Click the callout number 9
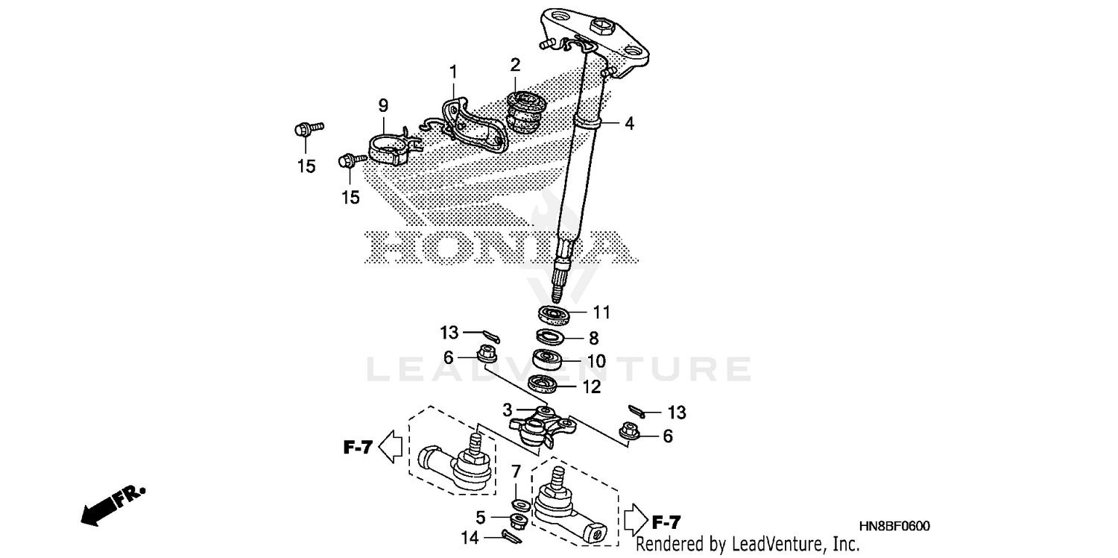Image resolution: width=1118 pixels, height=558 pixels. (383, 105)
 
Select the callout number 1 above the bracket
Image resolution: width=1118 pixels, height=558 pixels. (453, 72)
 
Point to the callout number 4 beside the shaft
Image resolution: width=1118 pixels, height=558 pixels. (629, 124)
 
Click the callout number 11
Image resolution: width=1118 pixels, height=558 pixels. (601, 311)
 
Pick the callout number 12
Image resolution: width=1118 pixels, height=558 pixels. (591, 386)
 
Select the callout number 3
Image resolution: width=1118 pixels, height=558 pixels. (507, 410)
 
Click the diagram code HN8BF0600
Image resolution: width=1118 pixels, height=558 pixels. (897, 527)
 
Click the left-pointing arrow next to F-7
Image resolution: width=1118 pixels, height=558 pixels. (391, 448)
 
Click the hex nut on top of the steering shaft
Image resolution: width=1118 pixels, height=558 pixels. (600, 26)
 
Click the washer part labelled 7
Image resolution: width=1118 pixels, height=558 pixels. (519, 506)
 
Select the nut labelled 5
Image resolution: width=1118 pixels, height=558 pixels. (519, 519)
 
